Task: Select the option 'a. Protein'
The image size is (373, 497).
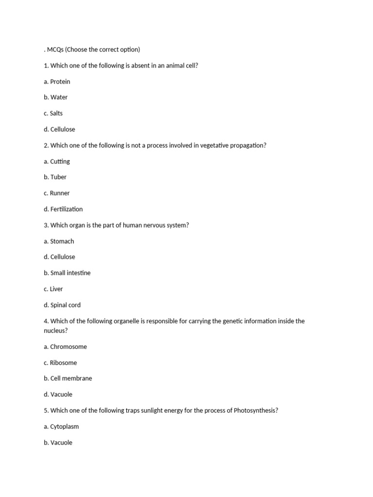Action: (x=57, y=82)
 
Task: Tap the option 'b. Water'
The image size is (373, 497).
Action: (x=55, y=97)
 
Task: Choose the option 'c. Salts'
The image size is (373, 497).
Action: (x=53, y=113)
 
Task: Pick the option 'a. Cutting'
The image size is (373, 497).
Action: (x=57, y=161)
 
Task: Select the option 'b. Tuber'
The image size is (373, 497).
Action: (x=55, y=177)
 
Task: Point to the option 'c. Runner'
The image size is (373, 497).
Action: (x=56, y=193)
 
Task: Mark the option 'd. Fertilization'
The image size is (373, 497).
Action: (x=63, y=209)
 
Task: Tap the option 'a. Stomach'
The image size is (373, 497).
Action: (x=59, y=241)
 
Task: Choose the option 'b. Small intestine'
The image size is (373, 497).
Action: (x=67, y=273)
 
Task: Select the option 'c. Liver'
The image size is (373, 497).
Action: (x=53, y=289)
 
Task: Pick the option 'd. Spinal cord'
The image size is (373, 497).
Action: (x=62, y=305)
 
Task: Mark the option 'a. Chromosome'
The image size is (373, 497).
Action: (x=65, y=347)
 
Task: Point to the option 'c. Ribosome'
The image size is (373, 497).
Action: (x=60, y=363)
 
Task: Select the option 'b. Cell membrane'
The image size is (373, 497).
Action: (x=68, y=378)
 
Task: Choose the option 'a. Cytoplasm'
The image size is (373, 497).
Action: (x=61, y=426)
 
